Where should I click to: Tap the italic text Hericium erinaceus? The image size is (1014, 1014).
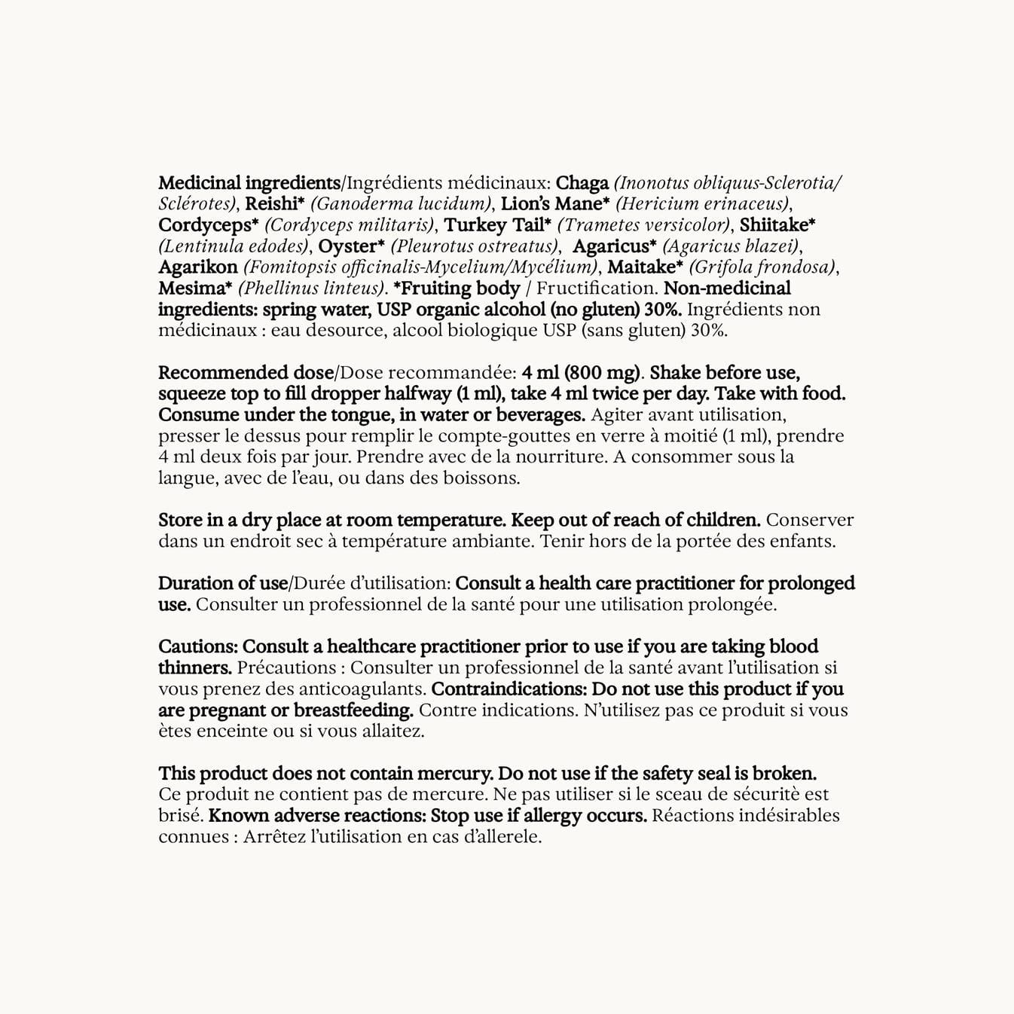[704, 204]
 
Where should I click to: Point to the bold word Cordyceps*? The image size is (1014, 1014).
[209, 225]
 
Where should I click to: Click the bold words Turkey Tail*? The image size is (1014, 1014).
[497, 225]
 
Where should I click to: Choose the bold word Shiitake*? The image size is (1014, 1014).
[777, 225]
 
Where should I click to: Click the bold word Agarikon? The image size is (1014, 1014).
[198, 267]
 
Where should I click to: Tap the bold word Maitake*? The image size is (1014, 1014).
[645, 267]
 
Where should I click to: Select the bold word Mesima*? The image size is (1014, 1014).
[195, 289]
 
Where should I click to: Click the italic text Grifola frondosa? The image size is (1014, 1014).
[762, 267]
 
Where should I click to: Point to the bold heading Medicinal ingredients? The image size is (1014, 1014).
[249, 183]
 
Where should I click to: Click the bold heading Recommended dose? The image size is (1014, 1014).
[246, 373]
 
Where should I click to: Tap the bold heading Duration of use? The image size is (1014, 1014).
[223, 584]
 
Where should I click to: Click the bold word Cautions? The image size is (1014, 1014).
[198, 647]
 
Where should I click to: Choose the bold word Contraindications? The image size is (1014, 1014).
[509, 689]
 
